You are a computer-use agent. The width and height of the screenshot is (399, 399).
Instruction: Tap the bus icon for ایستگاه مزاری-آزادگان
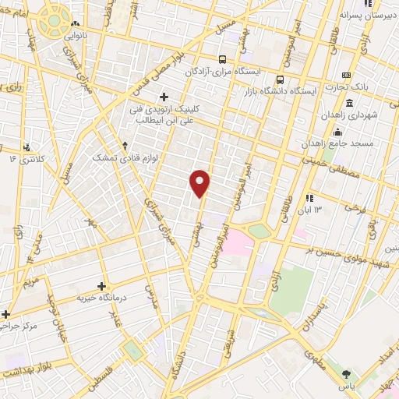[223, 59]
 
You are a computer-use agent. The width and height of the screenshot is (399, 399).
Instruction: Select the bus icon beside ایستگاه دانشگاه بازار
[281, 78]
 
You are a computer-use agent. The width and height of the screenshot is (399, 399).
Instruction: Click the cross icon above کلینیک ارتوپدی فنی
[164, 97]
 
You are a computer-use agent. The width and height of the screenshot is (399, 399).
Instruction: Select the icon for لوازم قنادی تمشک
[125, 145]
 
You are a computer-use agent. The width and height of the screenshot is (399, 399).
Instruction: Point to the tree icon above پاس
[347, 373]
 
